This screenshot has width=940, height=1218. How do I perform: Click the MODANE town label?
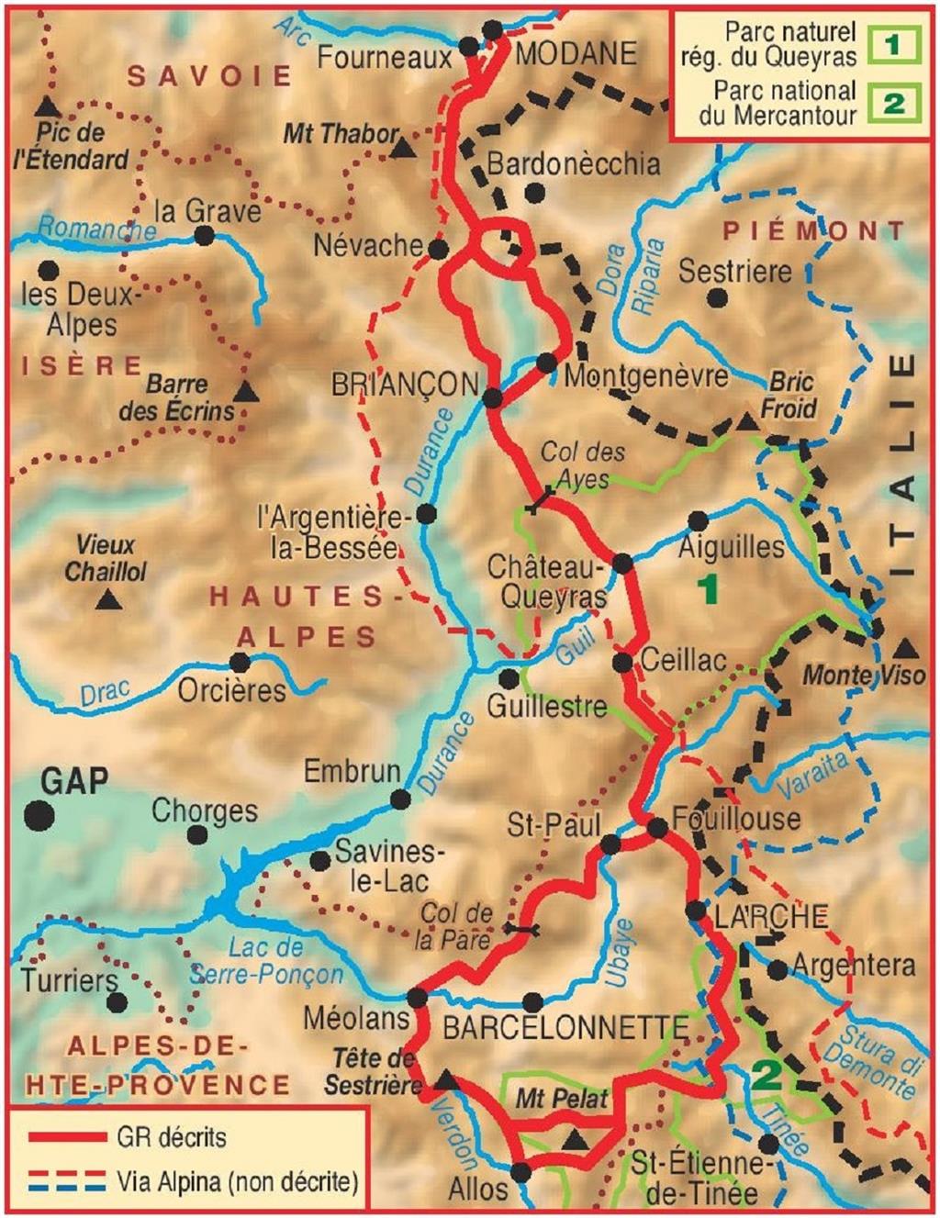[x=576, y=53]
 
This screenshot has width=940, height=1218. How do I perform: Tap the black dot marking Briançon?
[x=492, y=397]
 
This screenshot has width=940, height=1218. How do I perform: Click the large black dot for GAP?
[x=39, y=815]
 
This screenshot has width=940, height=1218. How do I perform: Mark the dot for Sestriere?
[x=718, y=298]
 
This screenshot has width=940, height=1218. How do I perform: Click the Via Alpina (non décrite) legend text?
[x=237, y=1180]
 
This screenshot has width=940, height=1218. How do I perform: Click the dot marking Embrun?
[x=400, y=799]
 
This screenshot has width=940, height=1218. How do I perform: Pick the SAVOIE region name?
[x=209, y=75]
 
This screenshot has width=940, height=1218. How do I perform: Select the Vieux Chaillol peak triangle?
[x=109, y=601]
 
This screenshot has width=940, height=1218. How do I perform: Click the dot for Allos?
[x=520, y=1172]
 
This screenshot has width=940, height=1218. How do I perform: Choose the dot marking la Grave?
[x=205, y=236]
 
